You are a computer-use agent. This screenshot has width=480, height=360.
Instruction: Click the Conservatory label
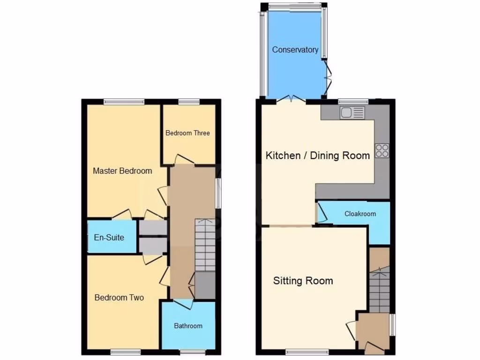(295, 50)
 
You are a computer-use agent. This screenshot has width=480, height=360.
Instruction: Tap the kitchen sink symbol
(352, 112)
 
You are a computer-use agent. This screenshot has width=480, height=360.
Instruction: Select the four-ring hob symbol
(382, 150)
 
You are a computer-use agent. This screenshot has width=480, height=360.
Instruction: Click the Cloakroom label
(360, 214)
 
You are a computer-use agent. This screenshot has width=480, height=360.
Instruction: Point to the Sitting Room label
(303, 281)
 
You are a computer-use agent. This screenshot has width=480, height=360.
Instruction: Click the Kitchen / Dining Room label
(318, 156)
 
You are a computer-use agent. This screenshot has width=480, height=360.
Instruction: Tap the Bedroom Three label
(187, 133)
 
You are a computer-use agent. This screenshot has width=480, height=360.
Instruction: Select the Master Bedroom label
(122, 171)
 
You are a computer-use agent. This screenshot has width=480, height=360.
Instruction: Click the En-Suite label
(109, 238)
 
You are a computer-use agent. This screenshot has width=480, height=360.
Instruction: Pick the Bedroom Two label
(119, 298)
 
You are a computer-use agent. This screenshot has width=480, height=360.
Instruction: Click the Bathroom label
(188, 326)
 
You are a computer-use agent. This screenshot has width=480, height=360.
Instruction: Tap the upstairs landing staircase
(205, 245)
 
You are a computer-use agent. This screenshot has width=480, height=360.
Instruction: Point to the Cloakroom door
(321, 212)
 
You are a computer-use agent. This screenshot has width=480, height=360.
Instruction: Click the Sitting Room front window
(307, 351)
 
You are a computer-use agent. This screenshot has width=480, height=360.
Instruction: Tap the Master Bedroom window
(124, 101)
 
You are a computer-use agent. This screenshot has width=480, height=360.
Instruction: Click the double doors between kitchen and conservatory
(291, 99)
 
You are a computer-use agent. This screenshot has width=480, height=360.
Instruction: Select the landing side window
(218, 193)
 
